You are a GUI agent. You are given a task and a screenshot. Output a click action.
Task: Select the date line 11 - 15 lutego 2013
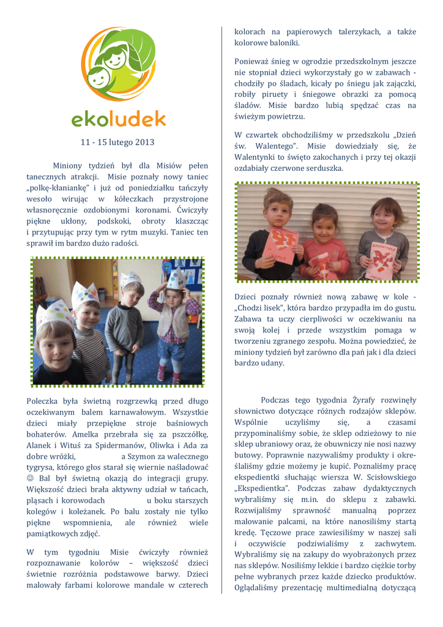pos(117,142)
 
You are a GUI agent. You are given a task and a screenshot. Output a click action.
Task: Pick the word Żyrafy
pos(350,400)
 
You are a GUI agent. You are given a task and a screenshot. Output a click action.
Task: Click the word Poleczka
pos(43,400)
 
